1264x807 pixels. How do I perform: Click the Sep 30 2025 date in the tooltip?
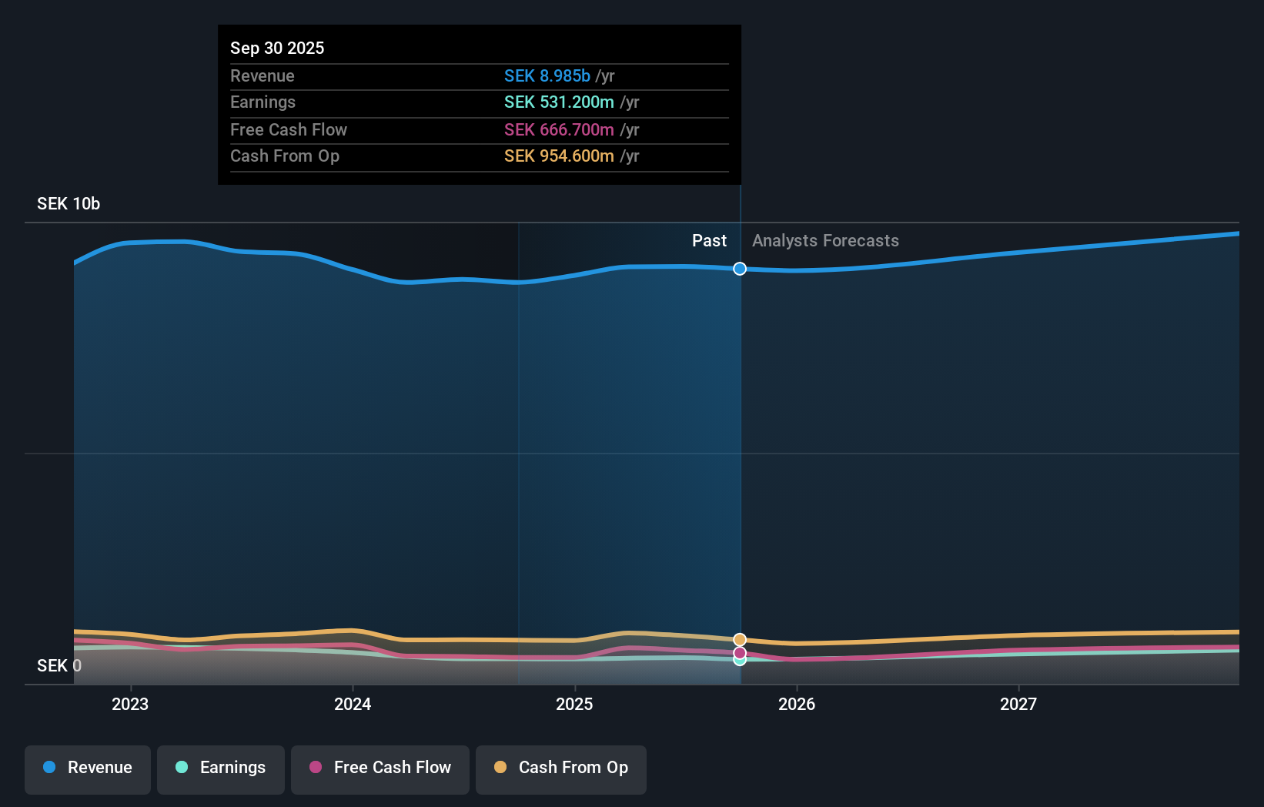277,48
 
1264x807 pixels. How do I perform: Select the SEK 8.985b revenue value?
547,75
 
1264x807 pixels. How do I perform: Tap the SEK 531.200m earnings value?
559,102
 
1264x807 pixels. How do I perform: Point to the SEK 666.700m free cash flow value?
559,129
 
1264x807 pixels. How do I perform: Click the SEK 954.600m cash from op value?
559,156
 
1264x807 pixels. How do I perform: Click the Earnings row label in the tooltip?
262,102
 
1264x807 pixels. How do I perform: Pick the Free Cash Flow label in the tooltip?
289,129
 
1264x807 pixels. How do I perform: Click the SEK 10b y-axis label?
69,203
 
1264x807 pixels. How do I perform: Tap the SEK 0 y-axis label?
59,665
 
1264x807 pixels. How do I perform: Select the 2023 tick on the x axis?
130,704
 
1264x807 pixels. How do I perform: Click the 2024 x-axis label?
353,704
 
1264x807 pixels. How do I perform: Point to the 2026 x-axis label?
797,704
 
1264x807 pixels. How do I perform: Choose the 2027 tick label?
1018,704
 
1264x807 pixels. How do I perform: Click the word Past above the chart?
709,240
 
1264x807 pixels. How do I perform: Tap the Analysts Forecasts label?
825,240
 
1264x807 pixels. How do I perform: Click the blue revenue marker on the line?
740,269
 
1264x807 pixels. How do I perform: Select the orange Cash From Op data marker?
740,640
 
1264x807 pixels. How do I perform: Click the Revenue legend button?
88,768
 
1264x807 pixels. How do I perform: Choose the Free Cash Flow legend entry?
380,768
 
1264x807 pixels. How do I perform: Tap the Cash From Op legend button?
561,768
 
